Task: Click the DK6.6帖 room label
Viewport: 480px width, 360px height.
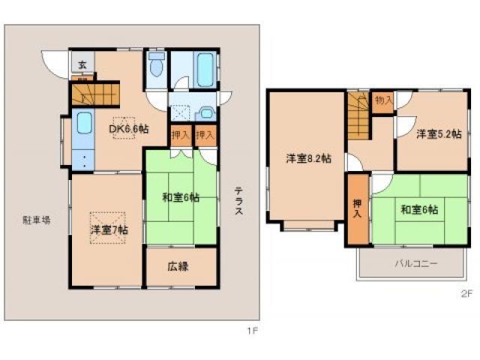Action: (129, 129)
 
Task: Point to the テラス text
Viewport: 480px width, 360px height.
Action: (238, 201)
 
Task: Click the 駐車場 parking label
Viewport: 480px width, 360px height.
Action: (37, 220)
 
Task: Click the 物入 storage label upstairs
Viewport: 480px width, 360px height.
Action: (383, 100)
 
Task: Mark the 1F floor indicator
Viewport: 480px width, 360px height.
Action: (244, 328)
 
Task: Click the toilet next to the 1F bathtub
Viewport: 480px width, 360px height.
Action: (157, 67)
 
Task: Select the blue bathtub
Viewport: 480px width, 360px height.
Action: (205, 69)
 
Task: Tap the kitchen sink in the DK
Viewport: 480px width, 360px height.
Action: (84, 121)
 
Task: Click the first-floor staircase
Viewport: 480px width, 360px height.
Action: (95, 96)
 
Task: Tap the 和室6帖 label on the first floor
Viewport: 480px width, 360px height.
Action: (181, 198)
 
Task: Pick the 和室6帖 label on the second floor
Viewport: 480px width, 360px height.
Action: (418, 208)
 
